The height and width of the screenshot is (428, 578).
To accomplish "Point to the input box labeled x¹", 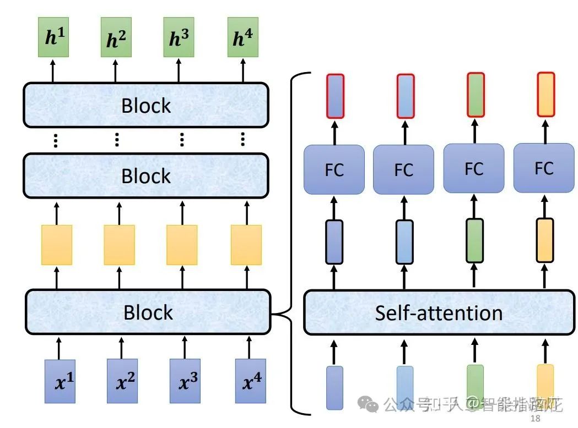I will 59,381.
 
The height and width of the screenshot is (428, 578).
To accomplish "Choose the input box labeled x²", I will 122,381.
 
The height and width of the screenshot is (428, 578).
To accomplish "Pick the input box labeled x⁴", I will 250,381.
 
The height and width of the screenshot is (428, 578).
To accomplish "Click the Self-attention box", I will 439,312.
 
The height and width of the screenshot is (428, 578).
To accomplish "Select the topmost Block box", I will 146,105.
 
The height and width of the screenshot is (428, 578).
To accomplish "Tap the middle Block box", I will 146,175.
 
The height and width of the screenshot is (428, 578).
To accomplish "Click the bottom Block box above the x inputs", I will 148,312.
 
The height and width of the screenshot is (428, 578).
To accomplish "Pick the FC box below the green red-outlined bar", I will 473,168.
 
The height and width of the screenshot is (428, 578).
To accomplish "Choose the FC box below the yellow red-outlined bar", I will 543,168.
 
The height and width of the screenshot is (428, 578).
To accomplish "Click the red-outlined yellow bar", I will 545,94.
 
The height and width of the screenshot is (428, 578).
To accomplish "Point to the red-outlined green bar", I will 476,95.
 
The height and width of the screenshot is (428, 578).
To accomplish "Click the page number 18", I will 534,419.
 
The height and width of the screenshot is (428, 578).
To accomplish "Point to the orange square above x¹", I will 56,245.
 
